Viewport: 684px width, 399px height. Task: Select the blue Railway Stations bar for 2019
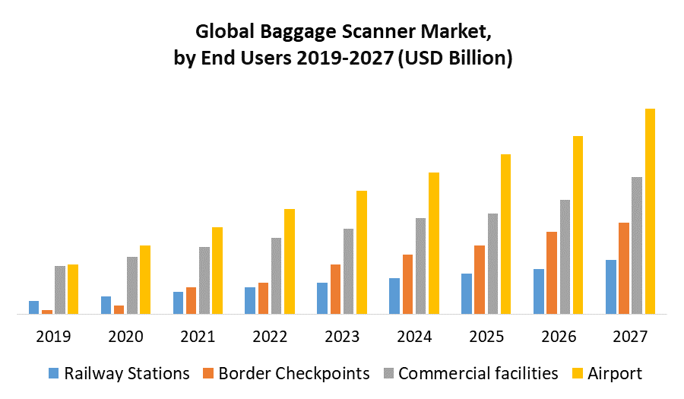pyautogui.click(x=33, y=307)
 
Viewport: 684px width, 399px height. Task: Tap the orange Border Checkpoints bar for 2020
pyautogui.click(x=119, y=309)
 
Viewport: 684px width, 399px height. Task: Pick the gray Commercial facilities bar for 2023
pyautogui.click(x=348, y=271)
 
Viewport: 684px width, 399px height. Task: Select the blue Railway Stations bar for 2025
pyautogui.click(x=466, y=293)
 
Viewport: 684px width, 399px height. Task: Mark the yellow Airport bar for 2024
pyautogui.click(x=433, y=242)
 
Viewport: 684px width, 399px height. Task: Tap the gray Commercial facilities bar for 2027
pyautogui.click(x=637, y=245)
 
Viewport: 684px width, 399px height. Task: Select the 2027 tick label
pyautogui.click(x=630, y=337)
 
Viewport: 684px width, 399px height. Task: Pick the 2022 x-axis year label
pyautogui.click(x=269, y=337)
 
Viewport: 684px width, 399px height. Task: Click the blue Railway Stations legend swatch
pyautogui.click(x=53, y=373)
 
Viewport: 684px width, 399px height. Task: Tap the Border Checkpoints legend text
pyautogui.click(x=293, y=373)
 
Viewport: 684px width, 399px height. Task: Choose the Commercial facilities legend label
pyautogui.click(x=478, y=373)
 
